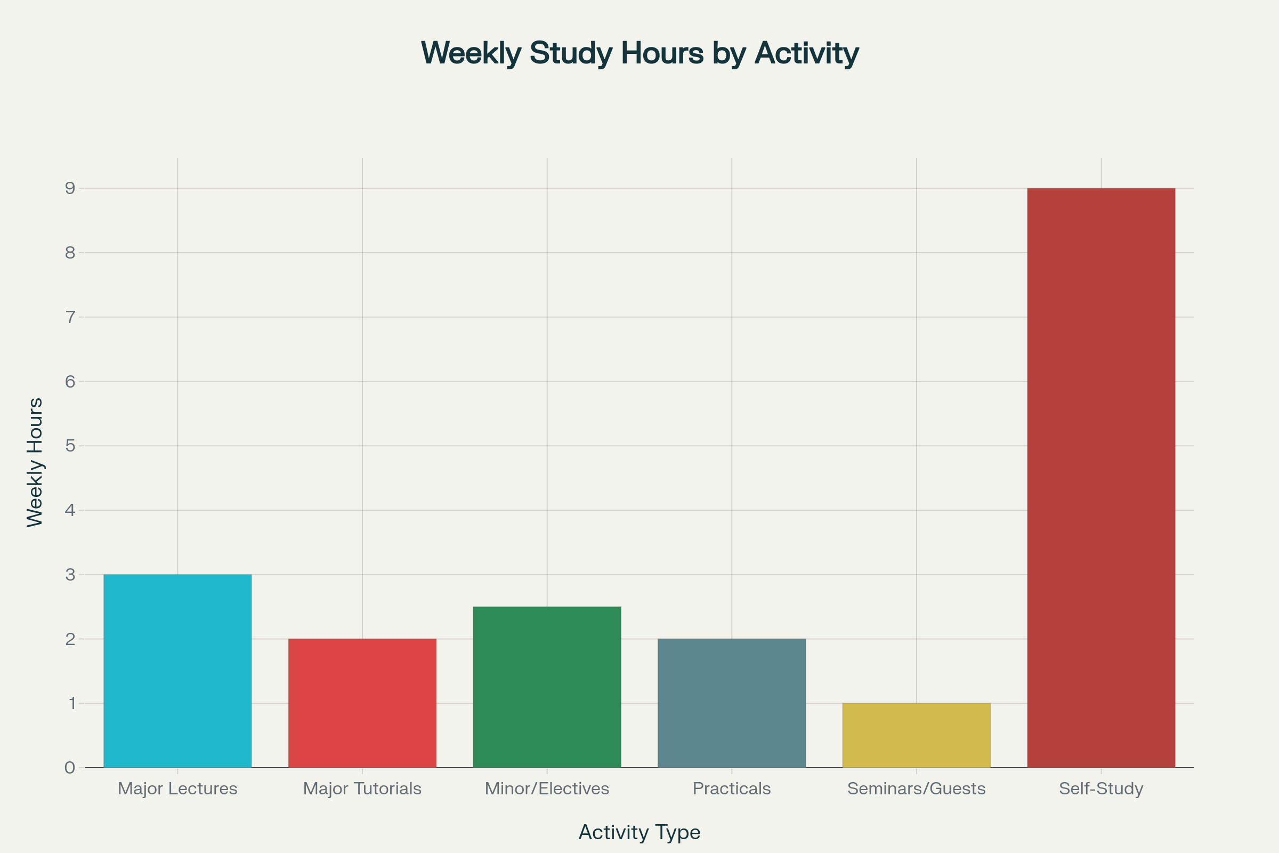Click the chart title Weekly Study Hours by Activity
(639, 53)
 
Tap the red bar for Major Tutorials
(362, 703)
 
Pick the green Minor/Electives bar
(547, 687)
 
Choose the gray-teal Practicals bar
(731, 703)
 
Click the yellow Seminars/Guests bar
(916, 735)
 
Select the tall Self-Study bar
(1101, 478)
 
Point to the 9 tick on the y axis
(70, 188)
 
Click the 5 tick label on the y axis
(70, 446)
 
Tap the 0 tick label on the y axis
(70, 768)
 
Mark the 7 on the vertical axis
(70, 317)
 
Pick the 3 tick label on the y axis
(70, 575)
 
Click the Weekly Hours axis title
(35, 462)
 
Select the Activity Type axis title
(639, 832)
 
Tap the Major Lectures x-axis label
(177, 789)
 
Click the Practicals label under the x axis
(731, 789)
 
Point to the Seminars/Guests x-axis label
(916, 789)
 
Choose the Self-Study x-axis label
(1101, 789)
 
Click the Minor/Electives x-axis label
(547, 789)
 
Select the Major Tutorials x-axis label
(362, 789)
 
